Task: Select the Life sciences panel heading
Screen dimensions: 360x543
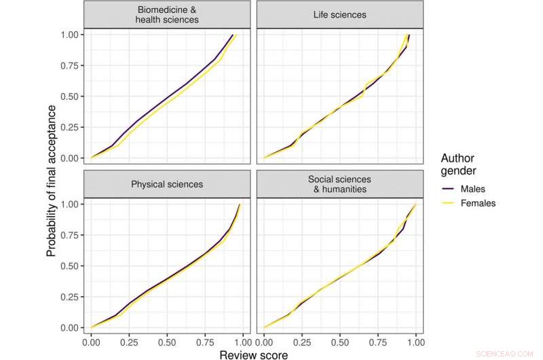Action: coord(339,14)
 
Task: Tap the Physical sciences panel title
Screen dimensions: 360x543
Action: coord(166,184)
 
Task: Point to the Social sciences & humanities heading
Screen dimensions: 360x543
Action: coord(339,184)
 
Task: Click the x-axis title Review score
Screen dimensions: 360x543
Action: coord(253,354)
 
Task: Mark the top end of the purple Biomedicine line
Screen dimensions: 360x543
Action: coord(232,35)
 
